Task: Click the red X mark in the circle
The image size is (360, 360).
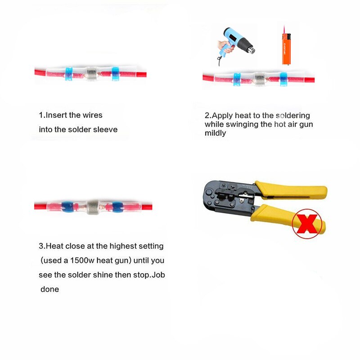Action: (308, 224)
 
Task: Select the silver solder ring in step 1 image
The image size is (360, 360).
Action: (92, 72)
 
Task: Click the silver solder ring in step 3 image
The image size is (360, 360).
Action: (93, 206)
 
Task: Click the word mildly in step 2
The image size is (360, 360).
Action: (216, 134)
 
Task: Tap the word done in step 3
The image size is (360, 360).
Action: (49, 289)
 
